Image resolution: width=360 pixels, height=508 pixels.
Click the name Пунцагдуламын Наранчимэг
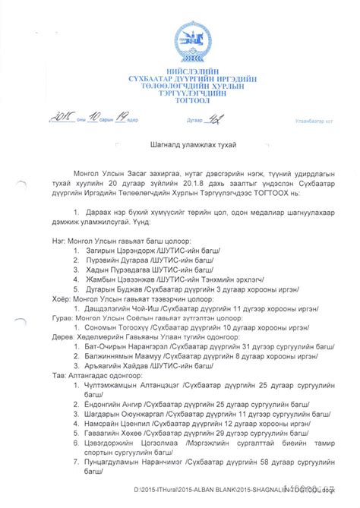coord(139,461)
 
